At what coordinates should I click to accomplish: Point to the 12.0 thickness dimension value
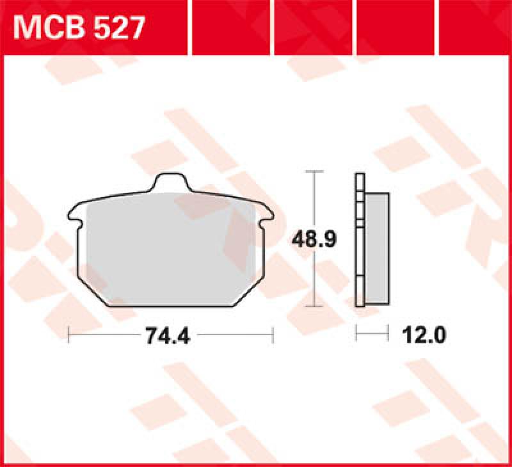tap(423, 335)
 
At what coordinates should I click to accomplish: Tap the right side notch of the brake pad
tap(267, 221)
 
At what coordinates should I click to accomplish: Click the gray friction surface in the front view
tap(170, 249)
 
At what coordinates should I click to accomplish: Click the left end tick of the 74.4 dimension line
tap(68, 335)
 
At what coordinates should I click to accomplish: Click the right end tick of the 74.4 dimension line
tap(273, 335)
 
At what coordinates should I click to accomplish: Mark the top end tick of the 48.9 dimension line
tap(312, 172)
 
